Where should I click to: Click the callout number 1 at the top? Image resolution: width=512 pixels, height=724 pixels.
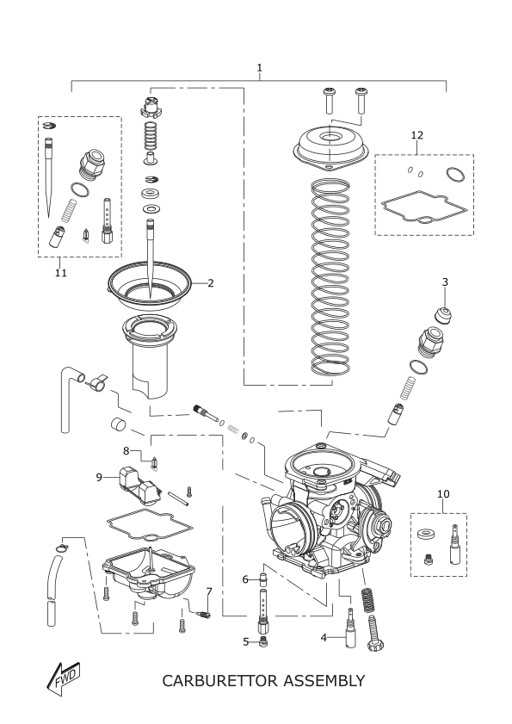259,67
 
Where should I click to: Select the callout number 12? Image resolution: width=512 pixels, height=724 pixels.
416,135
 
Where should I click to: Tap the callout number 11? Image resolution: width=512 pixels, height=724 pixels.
60,273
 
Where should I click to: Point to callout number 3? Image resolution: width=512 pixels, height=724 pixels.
445,282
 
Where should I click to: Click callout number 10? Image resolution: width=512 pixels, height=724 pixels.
443,494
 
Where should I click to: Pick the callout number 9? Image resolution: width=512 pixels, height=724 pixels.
99,477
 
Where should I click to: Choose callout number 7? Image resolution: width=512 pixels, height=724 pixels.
209,591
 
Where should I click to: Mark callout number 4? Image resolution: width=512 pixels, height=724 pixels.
324,638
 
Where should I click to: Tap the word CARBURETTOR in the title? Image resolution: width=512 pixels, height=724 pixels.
219,680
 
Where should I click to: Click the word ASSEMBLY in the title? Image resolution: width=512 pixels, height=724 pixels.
324,680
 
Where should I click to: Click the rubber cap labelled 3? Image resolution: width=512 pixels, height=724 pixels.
443,315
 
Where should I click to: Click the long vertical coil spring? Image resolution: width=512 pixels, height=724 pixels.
330,277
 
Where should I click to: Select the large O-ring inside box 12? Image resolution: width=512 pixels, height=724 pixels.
456,176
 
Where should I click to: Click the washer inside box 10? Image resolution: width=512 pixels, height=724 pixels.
427,535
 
